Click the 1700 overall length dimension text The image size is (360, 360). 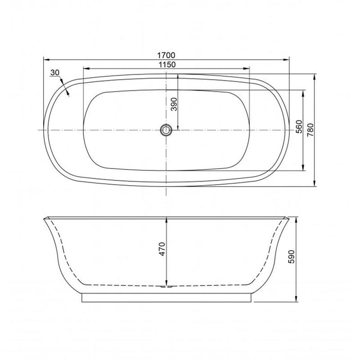(167, 53)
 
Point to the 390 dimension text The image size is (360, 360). (174, 104)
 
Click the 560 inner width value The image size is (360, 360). (299, 130)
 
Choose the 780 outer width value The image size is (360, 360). (310, 130)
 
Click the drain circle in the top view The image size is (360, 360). (167, 130)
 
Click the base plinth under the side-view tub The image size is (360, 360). (167, 298)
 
